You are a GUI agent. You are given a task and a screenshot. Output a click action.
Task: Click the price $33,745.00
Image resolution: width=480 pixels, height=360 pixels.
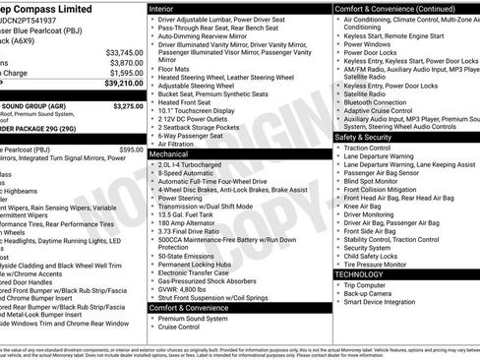tap(124, 51)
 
